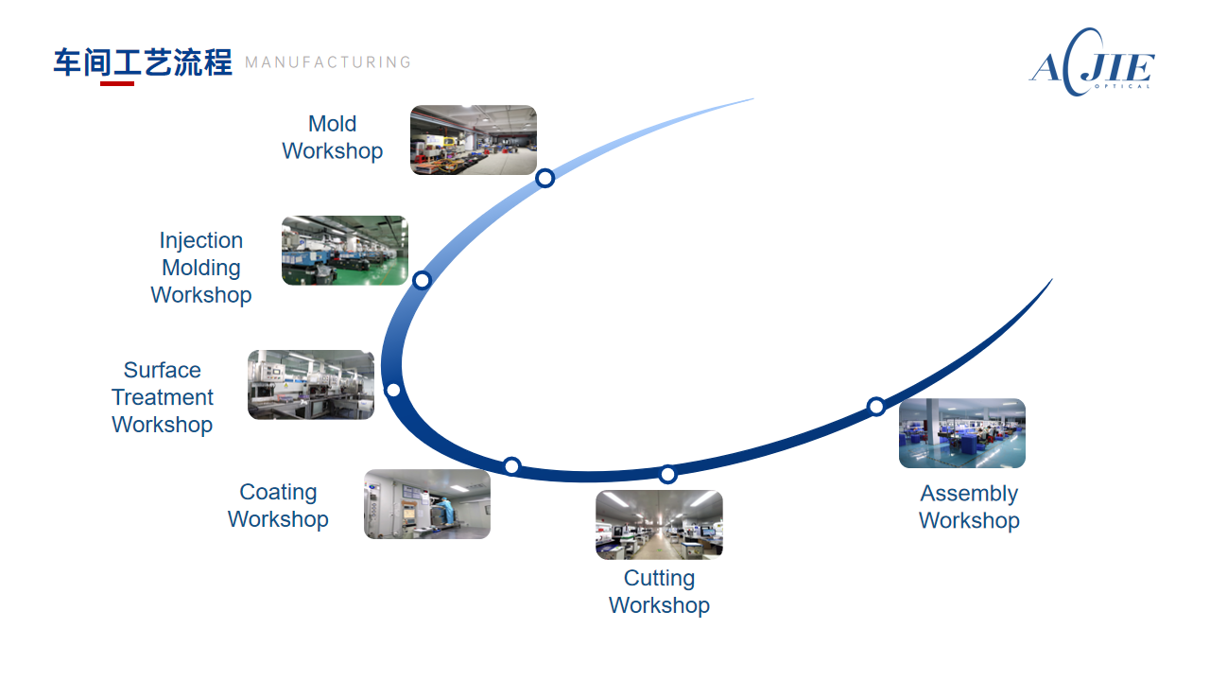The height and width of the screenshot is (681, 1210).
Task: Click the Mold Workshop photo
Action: point(474,140)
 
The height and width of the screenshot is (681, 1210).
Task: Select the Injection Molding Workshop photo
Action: point(345,251)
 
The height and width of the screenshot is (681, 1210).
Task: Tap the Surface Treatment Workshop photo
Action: point(311,385)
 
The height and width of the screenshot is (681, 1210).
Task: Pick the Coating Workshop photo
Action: point(427,504)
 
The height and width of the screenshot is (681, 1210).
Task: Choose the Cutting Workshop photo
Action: point(659,525)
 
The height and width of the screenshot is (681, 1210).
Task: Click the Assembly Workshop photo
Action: point(962,433)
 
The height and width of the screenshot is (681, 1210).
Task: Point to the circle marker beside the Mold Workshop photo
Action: point(545,178)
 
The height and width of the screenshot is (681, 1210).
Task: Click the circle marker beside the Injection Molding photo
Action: point(422,281)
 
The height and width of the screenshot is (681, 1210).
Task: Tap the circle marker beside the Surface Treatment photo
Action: point(394,390)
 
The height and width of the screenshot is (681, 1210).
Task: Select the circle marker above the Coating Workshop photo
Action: point(512,466)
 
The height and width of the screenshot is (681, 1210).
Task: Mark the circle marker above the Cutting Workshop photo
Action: point(667,475)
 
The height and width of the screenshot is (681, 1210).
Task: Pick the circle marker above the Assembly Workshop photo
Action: point(876,407)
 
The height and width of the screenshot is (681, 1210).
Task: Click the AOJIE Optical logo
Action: point(1092,62)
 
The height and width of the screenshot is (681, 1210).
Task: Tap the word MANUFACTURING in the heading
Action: point(328,62)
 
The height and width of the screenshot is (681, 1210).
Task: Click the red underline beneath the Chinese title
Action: point(117,83)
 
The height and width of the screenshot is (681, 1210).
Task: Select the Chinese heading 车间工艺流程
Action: point(143,62)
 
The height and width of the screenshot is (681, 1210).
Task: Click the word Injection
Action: point(201,240)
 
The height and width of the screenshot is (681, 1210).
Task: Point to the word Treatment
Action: point(163,397)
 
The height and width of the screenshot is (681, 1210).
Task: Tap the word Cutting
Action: point(659,578)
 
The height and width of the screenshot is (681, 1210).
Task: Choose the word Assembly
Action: point(969,494)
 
